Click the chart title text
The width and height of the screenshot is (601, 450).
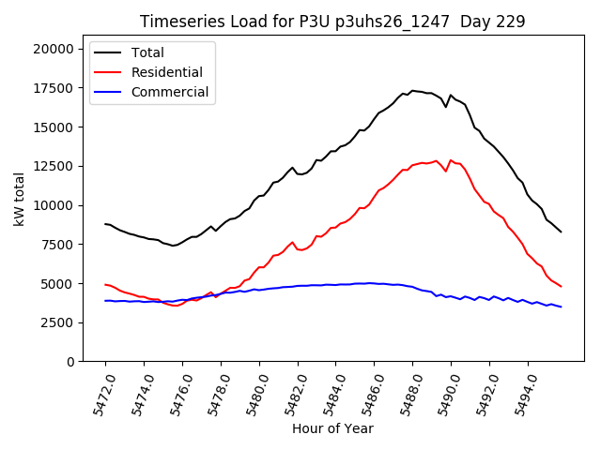pos(332,22)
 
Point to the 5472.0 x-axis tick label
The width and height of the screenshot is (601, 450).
pos(99,391)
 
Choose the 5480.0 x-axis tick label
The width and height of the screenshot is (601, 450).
pos(253,391)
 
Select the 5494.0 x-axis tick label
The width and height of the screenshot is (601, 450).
pos(521,391)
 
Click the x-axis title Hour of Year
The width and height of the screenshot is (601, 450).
pos(332,428)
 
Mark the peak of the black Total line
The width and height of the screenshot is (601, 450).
pos(412,90)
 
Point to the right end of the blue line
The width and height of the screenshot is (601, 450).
pos(562,307)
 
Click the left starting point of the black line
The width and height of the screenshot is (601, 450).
pos(105,223)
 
